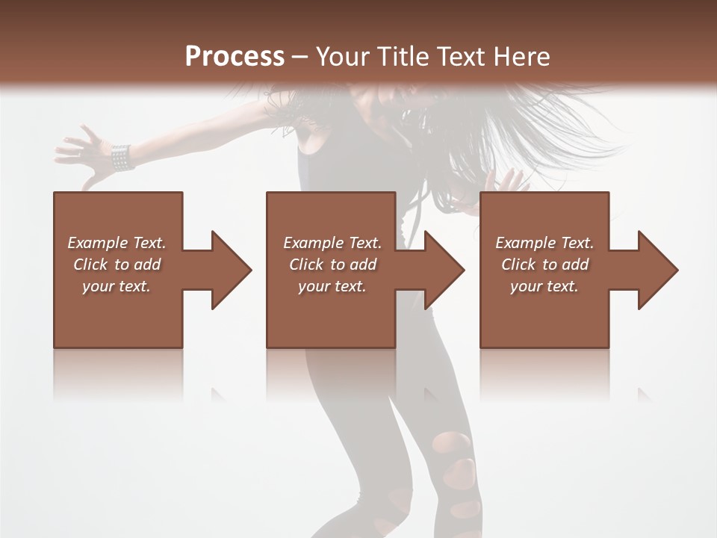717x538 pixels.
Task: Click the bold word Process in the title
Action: pos(235,57)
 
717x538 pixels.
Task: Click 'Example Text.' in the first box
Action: pos(117,243)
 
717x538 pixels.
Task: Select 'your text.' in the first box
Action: pos(117,286)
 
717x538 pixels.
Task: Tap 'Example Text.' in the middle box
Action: pos(332,243)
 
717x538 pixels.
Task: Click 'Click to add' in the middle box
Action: pos(332,265)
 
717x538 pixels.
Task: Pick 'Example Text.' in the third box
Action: pos(544,243)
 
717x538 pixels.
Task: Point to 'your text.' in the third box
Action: pos(544,286)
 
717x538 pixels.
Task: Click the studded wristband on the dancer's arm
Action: pos(121,156)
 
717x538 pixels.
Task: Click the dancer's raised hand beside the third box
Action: pos(508,181)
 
